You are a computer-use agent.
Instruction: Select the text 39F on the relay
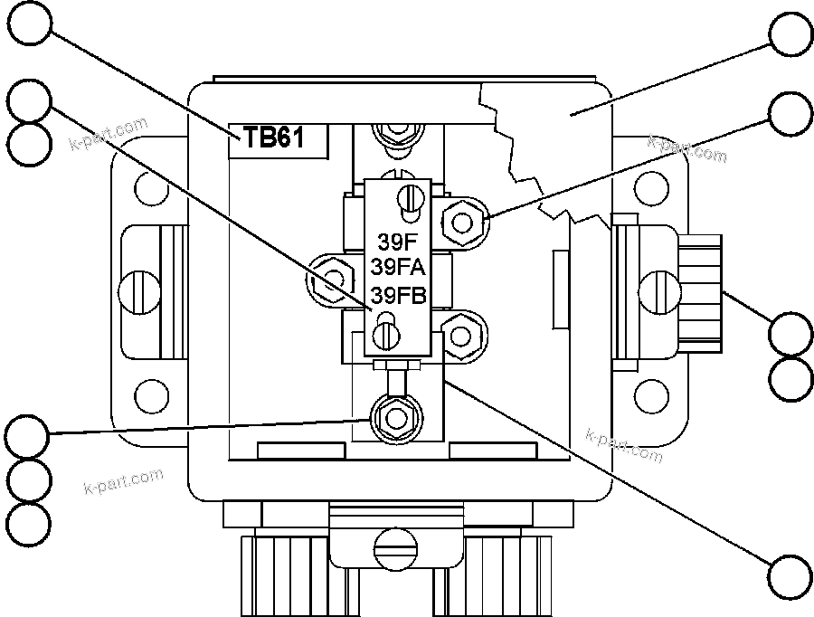[394, 242]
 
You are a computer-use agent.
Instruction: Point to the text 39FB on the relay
[400, 295]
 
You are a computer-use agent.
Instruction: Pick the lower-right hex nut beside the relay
[461, 334]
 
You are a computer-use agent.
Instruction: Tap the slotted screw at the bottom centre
[396, 545]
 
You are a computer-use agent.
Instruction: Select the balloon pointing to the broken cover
[790, 35]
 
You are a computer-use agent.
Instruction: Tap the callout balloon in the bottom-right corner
[790, 574]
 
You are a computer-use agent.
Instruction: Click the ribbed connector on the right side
[701, 292]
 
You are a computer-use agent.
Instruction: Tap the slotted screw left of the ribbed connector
[658, 291]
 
